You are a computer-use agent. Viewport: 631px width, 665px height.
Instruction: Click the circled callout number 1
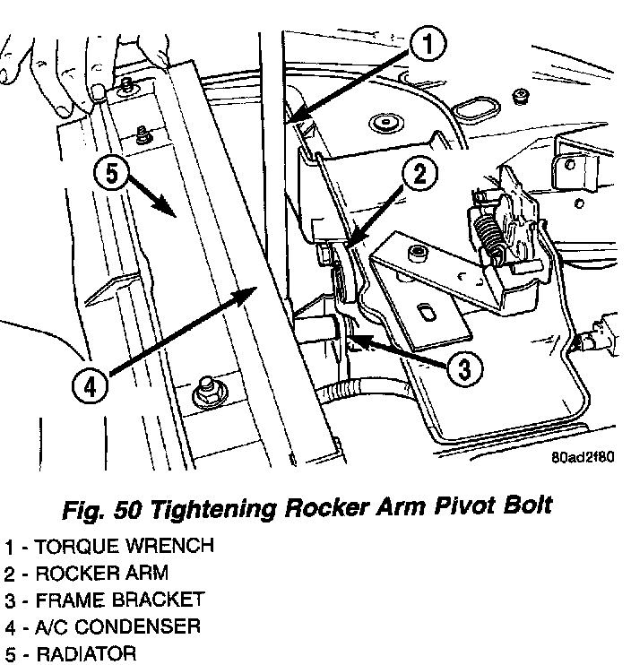click(428, 42)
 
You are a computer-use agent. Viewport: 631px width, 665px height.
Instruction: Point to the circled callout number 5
click(109, 173)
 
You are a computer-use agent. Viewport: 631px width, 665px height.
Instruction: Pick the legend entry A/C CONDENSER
click(114, 626)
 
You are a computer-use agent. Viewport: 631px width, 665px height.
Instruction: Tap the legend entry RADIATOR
click(86, 652)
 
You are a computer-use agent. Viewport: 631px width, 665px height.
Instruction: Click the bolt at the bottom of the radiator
click(203, 393)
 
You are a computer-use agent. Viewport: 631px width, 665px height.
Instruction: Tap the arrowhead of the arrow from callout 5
click(171, 213)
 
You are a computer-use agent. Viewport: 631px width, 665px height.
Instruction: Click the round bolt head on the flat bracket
click(416, 251)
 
